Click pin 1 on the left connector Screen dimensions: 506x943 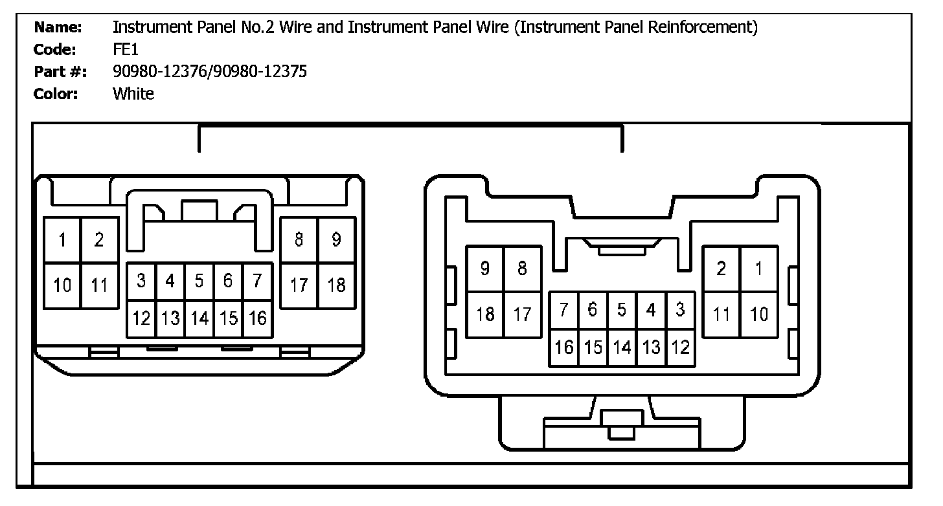click(62, 240)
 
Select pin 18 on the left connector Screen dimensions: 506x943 click(336, 285)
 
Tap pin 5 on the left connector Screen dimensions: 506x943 click(199, 281)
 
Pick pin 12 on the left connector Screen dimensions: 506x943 click(141, 318)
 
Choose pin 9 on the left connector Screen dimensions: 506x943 click(336, 240)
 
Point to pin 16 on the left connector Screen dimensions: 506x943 click(258, 318)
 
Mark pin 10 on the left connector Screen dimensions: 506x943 click(62, 285)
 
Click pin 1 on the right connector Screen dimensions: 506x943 click(759, 269)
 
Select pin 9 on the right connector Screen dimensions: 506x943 click(485, 269)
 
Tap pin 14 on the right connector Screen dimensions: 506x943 click(622, 347)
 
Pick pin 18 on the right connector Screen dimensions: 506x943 click(485, 314)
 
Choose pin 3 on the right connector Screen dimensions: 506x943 click(680, 310)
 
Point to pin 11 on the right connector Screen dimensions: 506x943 click(721, 314)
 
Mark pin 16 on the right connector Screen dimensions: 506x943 click(563, 347)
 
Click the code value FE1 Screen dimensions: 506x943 click(126, 49)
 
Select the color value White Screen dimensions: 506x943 click(133, 94)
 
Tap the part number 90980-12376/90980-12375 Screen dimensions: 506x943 click(210, 71)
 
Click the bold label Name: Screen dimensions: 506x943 click(58, 27)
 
